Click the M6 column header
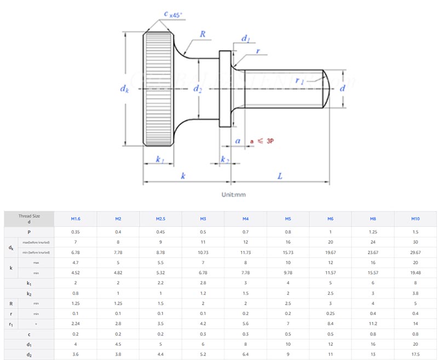pyautogui.click(x=330, y=219)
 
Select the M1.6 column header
pyautogui.click(x=76, y=219)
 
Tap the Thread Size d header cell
pyautogui.click(x=29, y=219)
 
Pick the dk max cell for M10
pyautogui.click(x=416, y=242)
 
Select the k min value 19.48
pyautogui.click(x=416, y=272)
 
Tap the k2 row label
pyautogui.click(x=29, y=293)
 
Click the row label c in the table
pyautogui.click(x=29, y=334)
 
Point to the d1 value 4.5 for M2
pyautogui.click(x=118, y=344)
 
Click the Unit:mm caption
pyautogui.click(x=234, y=195)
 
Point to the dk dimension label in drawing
pyautogui.click(x=125, y=88)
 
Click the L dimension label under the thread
pyautogui.click(x=279, y=176)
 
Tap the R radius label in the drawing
pyautogui.click(x=202, y=34)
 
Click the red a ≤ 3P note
pyautogui.click(x=262, y=141)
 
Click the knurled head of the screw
pyautogui.click(x=158, y=88)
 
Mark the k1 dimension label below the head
pyautogui.click(x=160, y=159)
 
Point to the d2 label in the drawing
pyautogui.click(x=198, y=89)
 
